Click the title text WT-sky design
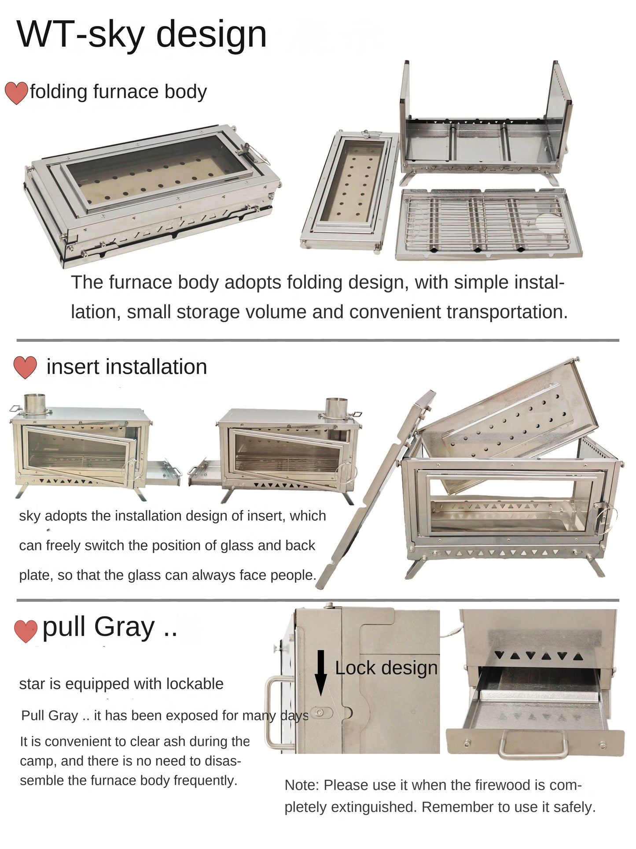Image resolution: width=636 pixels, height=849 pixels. click(142, 34)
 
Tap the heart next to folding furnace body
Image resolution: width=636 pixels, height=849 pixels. click(16, 93)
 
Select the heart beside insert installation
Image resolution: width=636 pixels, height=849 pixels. click(25, 367)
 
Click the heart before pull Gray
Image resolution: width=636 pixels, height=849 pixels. click(26, 631)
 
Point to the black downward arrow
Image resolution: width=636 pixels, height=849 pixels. click(321, 672)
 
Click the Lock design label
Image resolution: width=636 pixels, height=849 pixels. click(386, 668)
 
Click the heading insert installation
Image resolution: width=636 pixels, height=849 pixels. click(127, 367)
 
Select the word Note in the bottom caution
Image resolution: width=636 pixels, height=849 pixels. click(301, 785)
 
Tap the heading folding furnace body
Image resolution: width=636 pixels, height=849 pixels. click(118, 92)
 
